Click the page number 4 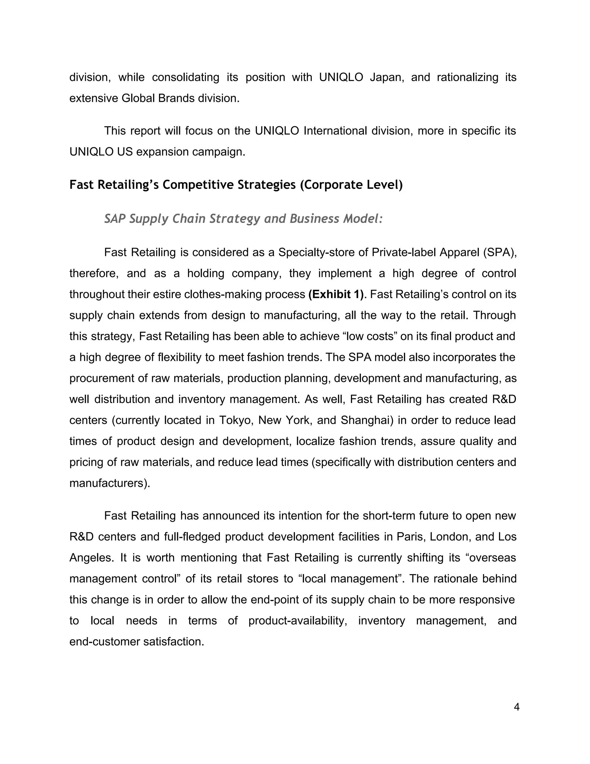click(517, 707)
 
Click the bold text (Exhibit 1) click(336, 294)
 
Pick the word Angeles click(91, 558)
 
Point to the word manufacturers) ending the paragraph click(109, 483)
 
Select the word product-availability click(297, 621)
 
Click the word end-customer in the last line click(105, 641)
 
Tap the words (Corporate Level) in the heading click(351, 185)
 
